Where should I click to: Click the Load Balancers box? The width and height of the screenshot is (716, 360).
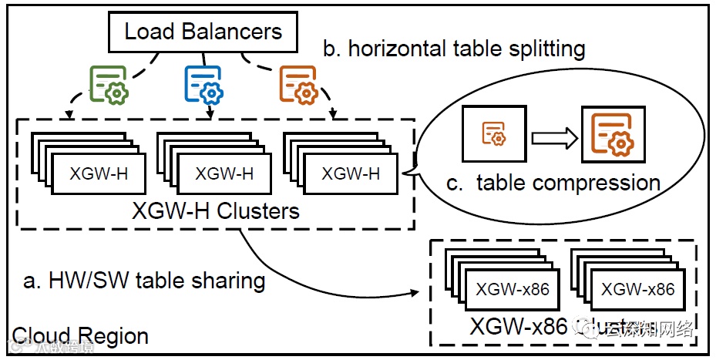click(203, 32)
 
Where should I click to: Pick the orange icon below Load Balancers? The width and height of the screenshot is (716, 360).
click(298, 84)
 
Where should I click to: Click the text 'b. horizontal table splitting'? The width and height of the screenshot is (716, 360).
click(454, 49)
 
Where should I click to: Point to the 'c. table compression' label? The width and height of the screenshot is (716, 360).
click(553, 183)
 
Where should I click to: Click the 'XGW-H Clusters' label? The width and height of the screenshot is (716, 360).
click(216, 210)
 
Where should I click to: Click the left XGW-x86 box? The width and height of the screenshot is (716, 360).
click(511, 290)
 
